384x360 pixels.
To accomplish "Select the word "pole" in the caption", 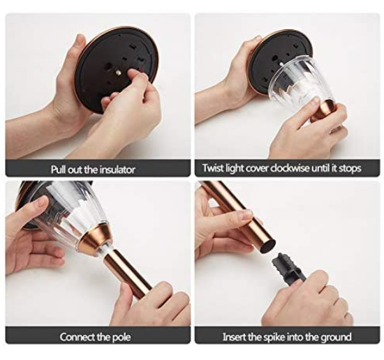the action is tap(121, 337).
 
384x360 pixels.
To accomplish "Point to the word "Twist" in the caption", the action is tap(212, 168).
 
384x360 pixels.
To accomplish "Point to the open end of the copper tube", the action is tap(267, 245).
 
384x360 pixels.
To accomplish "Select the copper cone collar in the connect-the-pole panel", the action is tap(95, 238).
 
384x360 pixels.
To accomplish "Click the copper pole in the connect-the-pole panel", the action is tap(127, 274).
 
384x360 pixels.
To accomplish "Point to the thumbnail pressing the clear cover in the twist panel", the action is tap(315, 102).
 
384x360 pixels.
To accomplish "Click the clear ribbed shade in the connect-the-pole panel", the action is tap(68, 216).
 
